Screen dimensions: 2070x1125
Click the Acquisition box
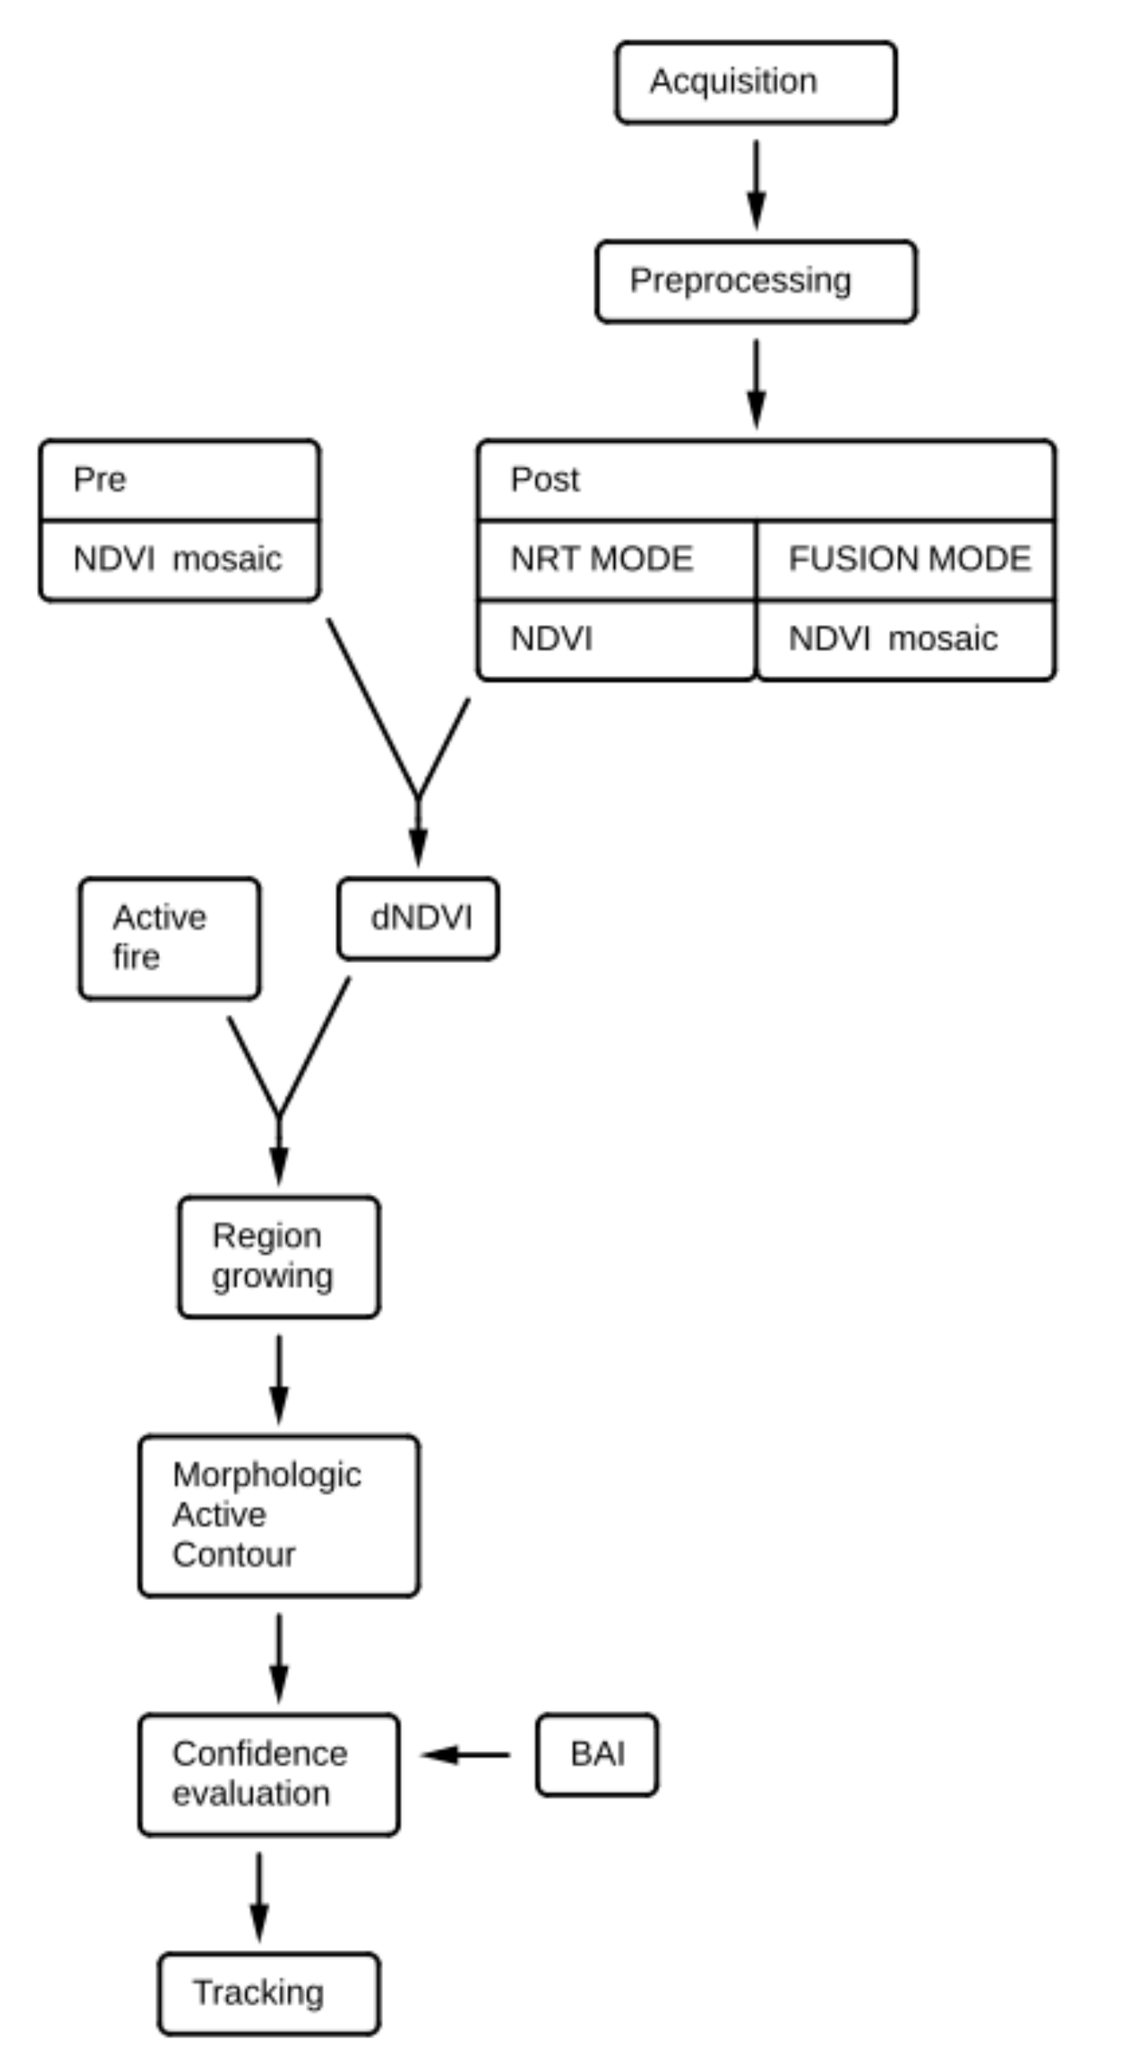point(755,82)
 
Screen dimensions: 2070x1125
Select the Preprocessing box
point(755,281)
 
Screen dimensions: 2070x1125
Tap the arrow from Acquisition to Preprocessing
point(756,184)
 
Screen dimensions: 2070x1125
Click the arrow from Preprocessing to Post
point(756,383)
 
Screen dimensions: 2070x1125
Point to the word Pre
point(99,480)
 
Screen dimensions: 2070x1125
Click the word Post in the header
point(544,480)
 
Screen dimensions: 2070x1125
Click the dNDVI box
point(418,918)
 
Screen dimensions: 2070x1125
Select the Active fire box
point(170,938)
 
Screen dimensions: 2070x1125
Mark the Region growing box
point(279,1256)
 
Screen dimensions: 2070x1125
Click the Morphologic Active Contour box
point(279,1515)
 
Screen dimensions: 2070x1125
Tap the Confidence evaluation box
point(269,1774)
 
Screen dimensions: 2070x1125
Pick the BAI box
point(597,1754)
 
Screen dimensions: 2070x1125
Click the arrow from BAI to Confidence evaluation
point(466,1755)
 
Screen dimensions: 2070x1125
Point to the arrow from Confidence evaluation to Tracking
point(259,1894)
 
